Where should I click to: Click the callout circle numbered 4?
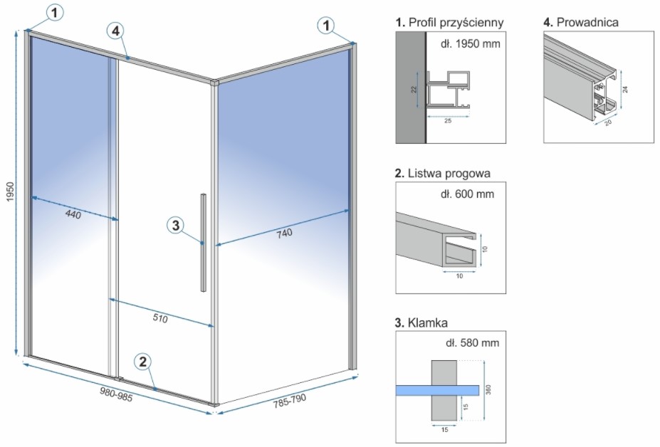[x=117, y=31]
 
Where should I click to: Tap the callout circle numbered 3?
[x=177, y=226]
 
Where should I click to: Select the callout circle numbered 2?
[x=143, y=362]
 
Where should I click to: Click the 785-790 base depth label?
[x=290, y=400]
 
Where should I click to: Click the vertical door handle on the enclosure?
[x=204, y=242]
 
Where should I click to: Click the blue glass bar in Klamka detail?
[x=436, y=390]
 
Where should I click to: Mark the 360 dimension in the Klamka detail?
[x=489, y=391]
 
